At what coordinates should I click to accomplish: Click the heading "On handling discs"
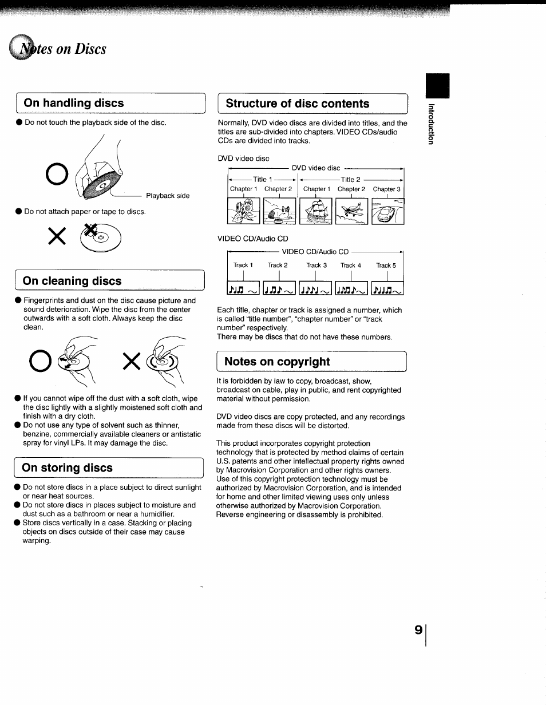[x=74, y=103]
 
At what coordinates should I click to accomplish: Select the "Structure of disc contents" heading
[x=298, y=104]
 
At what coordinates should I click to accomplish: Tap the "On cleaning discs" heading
[x=72, y=281]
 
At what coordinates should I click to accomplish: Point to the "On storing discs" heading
[x=68, y=468]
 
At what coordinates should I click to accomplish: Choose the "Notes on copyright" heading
[x=277, y=362]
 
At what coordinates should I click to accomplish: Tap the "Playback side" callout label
[x=168, y=196]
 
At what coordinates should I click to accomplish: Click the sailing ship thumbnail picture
[x=315, y=211]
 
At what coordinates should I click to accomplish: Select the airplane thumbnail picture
[x=351, y=211]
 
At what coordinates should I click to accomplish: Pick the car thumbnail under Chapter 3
[x=387, y=211]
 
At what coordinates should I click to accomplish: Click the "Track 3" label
[x=316, y=266]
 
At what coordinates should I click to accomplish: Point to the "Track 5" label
[x=386, y=266]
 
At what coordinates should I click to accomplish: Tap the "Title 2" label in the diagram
[x=350, y=179]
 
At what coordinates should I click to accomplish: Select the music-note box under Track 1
[x=244, y=290]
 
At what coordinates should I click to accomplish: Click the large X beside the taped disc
[x=57, y=235]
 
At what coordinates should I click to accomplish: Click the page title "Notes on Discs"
[x=63, y=49]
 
